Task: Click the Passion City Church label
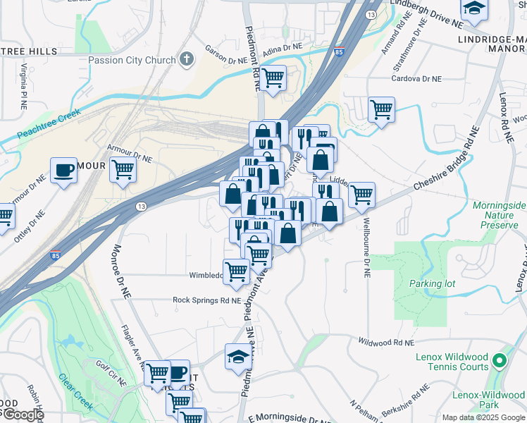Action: tap(132, 60)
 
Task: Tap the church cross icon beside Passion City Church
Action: tap(187, 59)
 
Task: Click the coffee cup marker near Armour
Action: tap(64, 170)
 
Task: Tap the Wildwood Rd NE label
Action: tap(385, 342)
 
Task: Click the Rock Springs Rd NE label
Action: tap(207, 300)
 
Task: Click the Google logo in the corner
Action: tap(23, 415)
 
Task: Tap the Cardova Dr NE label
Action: tap(417, 79)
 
